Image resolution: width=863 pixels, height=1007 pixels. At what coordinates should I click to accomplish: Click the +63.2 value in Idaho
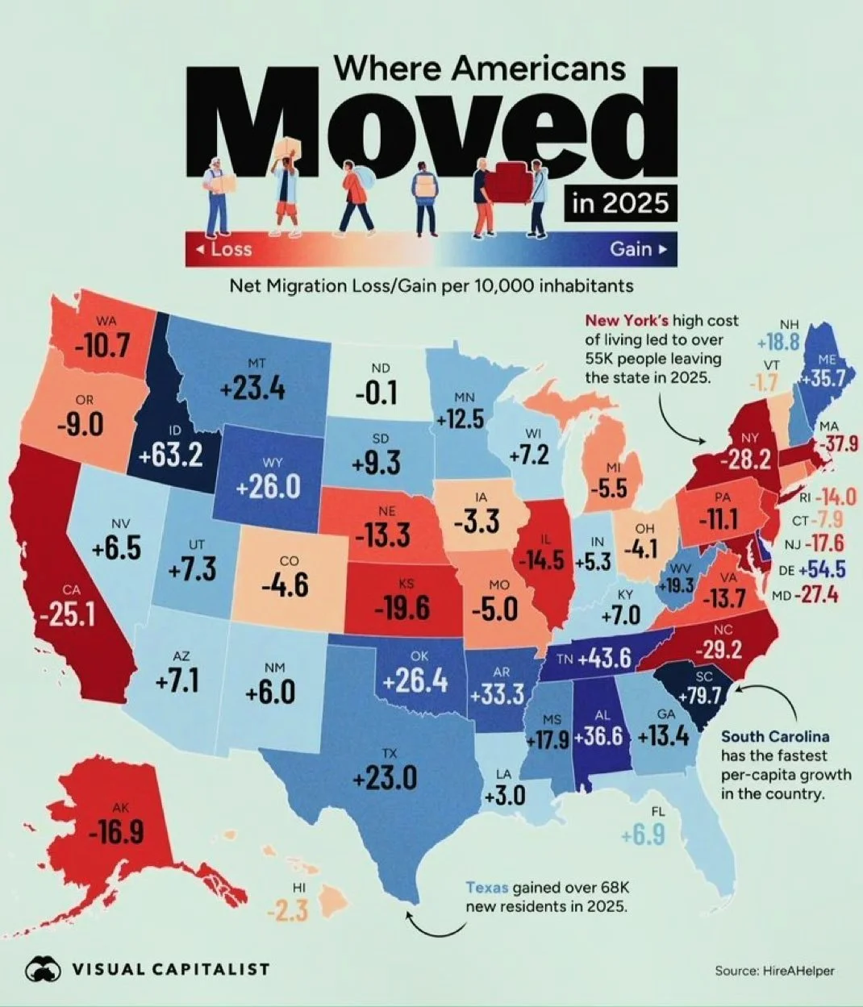point(169,456)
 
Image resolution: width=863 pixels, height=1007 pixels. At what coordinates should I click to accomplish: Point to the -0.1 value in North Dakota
point(376,393)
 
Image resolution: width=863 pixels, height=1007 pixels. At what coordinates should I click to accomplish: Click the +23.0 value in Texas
point(385,779)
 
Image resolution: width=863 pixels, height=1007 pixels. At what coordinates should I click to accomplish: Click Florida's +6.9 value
point(644,835)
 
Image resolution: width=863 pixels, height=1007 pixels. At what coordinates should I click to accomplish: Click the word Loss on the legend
point(231,249)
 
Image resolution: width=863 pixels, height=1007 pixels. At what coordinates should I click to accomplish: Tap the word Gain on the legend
point(631,249)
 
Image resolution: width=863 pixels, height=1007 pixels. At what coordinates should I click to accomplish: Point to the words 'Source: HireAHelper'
point(774,971)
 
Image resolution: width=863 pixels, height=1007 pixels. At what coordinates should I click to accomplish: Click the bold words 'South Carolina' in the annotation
point(774,737)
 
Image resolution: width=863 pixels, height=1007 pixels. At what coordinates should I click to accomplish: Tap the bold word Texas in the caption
point(487,888)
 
